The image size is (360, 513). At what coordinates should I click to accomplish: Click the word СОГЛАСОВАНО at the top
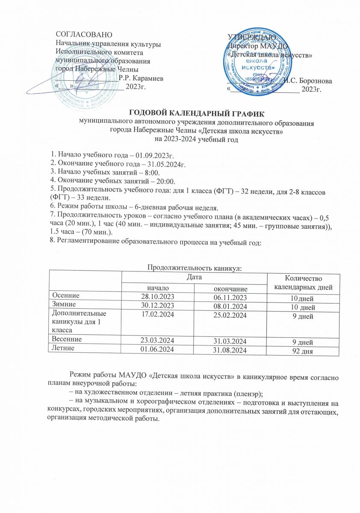click(x=82, y=34)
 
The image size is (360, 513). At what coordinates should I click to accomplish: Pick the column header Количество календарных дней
click(x=303, y=282)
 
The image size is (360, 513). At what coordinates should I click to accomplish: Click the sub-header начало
click(x=157, y=288)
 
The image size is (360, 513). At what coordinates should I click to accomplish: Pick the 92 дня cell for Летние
click(x=303, y=352)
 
